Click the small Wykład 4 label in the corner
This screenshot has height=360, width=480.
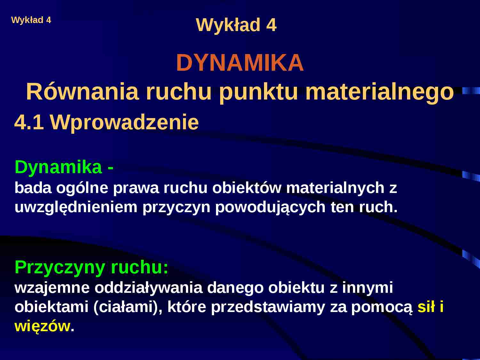click(31, 20)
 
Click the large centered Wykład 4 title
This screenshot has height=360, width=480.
click(236, 25)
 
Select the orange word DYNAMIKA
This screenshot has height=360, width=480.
click(240, 63)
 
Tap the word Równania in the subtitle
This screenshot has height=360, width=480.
click(82, 92)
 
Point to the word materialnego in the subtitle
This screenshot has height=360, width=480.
click(380, 92)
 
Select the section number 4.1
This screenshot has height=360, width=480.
click(29, 122)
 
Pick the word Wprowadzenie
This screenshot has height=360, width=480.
click(124, 122)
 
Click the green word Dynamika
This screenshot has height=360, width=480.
click(58, 167)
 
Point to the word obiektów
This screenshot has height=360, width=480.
click(247, 188)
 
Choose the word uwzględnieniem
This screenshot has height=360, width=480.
click(76, 207)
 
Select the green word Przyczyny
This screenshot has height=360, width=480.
click(60, 267)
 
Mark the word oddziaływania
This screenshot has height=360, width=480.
click(148, 288)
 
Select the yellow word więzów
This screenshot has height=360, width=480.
click(42, 326)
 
